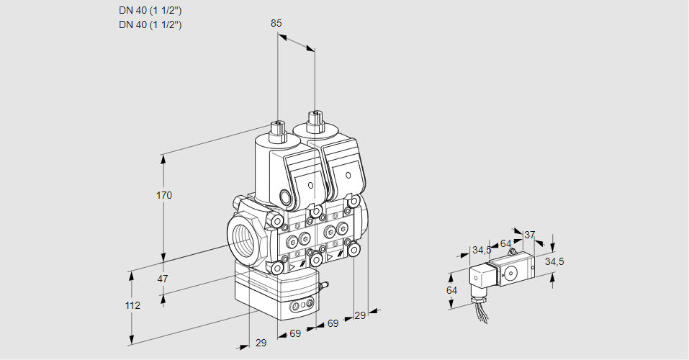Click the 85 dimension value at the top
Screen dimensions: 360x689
coord(276,23)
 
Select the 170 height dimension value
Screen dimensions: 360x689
coord(164,195)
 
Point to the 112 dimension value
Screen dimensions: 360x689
coord(132,305)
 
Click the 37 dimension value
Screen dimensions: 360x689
coord(530,235)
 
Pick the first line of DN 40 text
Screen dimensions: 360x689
coord(150,11)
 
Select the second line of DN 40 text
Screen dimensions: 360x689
coord(150,24)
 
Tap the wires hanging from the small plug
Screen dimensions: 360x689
coord(479,310)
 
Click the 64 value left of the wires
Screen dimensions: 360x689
coord(451,290)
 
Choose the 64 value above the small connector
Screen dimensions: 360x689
coord(505,243)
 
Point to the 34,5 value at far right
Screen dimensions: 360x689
coord(554,261)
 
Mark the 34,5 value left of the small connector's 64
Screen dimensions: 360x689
coord(482,250)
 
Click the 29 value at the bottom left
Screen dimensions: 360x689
coord(261,343)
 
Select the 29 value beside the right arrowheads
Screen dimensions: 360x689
coord(360,315)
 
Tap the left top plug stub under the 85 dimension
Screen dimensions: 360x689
coord(276,130)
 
